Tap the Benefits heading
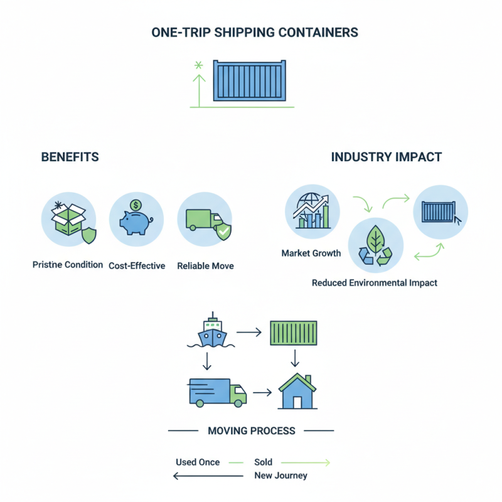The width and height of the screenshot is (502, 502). click(x=70, y=157)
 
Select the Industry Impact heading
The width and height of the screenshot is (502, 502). click(x=386, y=157)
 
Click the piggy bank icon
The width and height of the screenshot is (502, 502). click(x=136, y=219)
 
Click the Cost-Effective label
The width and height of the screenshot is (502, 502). click(x=137, y=265)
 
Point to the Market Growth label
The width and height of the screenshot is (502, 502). click(x=311, y=253)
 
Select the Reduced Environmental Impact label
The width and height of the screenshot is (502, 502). click(x=374, y=282)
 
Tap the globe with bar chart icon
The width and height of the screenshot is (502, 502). click(x=312, y=210)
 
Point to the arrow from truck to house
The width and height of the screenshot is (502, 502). click(x=261, y=392)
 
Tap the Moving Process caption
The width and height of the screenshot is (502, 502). click(x=251, y=431)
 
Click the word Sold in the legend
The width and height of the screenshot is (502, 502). click(x=263, y=462)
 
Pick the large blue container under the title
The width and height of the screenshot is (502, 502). click(x=249, y=80)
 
